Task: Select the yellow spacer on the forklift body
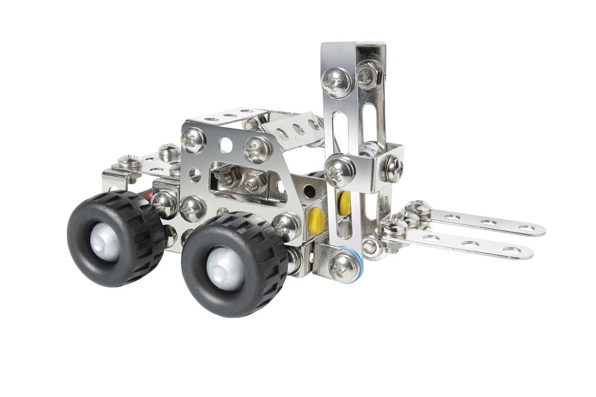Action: (x=316, y=221)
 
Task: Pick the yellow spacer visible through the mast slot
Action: (x=344, y=203)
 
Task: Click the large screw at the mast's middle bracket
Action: (x=340, y=169)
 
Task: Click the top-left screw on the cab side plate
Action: (x=194, y=140)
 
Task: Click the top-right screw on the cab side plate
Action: (x=258, y=148)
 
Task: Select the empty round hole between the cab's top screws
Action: (x=226, y=145)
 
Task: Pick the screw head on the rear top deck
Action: (x=169, y=151)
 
